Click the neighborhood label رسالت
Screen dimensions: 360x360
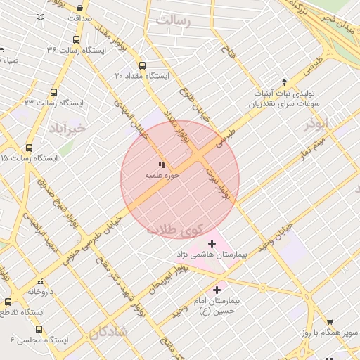click(x=174, y=20)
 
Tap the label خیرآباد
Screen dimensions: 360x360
click(x=68, y=128)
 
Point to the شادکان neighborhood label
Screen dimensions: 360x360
click(x=109, y=332)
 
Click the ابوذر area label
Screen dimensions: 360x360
click(x=316, y=124)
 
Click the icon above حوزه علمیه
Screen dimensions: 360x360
click(x=162, y=165)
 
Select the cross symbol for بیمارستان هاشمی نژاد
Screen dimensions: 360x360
click(x=212, y=243)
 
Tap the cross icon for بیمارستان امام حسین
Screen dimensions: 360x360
click(x=217, y=289)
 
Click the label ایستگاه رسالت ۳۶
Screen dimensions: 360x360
click(x=75, y=50)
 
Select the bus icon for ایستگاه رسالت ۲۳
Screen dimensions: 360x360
click(x=53, y=92)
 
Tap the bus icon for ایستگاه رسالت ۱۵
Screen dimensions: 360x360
click(x=30, y=148)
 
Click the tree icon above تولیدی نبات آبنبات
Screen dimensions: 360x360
click(x=284, y=82)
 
